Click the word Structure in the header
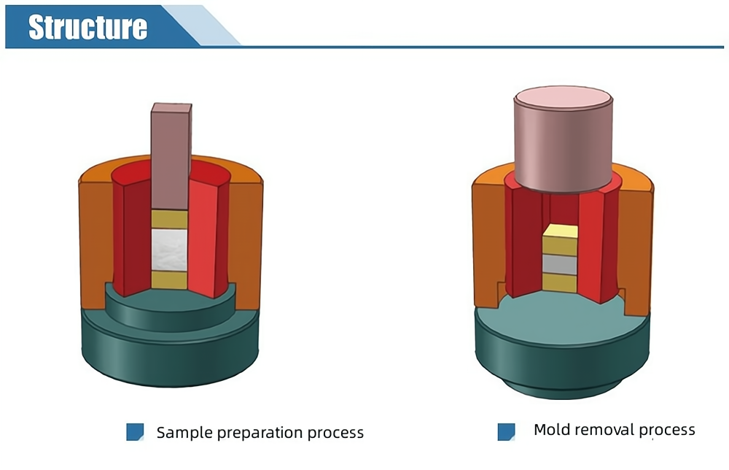point(87,26)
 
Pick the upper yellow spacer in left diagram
point(168,218)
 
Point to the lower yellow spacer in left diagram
point(168,280)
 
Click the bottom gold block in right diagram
point(560,283)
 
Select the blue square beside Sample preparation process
point(135,432)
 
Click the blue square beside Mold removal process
point(506,431)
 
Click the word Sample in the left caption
point(181,432)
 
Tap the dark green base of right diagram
point(561,350)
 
